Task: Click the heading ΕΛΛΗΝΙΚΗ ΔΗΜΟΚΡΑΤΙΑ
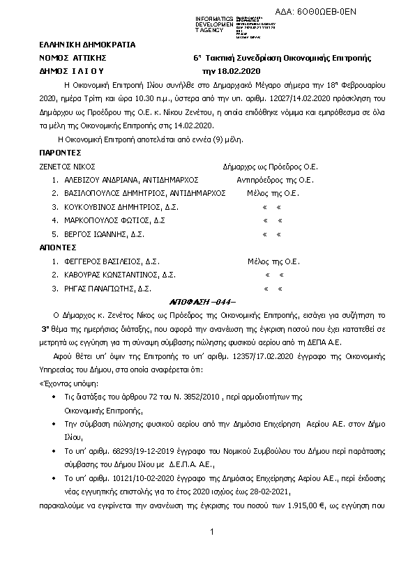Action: pos(78,45)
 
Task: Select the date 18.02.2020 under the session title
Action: pos(222,71)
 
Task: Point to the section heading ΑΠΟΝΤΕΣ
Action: pos(58,247)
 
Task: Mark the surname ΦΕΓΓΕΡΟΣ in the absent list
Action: pos(81,261)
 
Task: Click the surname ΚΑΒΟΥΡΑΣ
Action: pos(80,275)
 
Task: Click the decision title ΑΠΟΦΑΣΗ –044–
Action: pos(204,302)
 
